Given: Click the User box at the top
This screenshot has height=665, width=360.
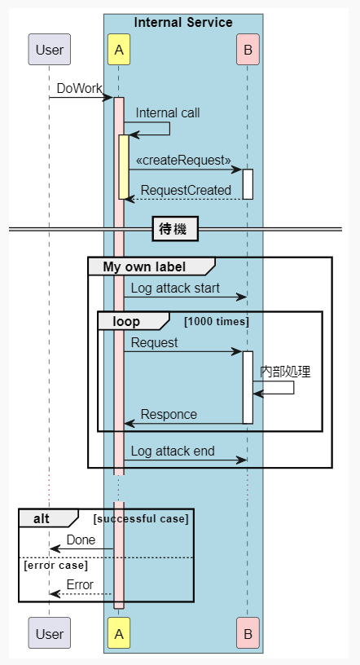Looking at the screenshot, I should point(49,51).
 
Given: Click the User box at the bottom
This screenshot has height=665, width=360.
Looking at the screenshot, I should point(49,633).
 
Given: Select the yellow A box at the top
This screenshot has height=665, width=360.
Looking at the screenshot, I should point(118,51).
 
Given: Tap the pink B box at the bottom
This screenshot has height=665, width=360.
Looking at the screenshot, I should point(247,633).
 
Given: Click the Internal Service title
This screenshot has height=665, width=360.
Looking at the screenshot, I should point(183,23).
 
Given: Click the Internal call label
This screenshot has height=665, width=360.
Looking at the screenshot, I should point(167,112).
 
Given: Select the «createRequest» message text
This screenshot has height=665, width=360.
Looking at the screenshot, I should point(182,159).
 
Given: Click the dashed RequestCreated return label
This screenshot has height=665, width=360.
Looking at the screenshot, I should point(186,189).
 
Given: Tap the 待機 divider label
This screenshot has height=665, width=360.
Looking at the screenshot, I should point(174,230).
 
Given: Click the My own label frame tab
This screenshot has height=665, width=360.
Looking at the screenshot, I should point(145,266).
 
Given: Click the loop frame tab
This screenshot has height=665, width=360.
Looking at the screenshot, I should point(127,321).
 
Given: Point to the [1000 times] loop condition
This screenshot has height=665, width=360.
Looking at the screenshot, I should point(217,322).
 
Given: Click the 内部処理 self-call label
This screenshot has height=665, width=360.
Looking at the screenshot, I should point(285,371).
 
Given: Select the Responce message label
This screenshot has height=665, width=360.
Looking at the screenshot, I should point(169,414).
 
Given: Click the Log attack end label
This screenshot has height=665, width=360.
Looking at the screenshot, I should point(172,451).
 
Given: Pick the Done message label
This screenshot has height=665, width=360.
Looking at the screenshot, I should point(81,539).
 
